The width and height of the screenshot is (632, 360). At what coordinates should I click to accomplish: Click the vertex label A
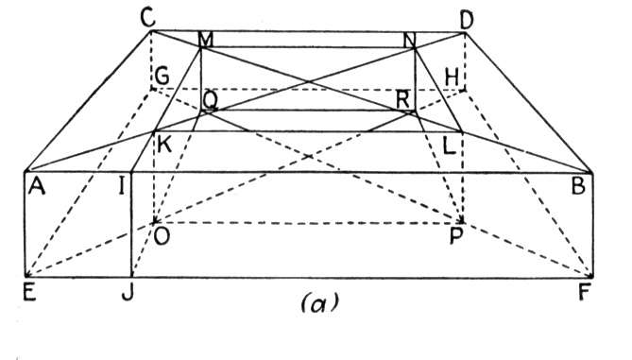pos(37,187)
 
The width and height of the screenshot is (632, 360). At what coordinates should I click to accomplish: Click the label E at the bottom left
pos(30,292)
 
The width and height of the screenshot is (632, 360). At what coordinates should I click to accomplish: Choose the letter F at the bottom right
pos(584,292)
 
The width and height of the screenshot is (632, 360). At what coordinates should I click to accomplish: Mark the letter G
pos(162,77)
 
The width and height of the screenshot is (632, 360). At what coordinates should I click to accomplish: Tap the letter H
pos(452,77)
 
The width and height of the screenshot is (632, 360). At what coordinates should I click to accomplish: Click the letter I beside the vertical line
pos(121,187)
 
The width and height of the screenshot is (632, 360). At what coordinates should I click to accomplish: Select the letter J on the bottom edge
pos(128,292)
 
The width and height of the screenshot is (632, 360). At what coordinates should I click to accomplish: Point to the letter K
pos(164,145)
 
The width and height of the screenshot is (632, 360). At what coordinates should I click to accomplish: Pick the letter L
pos(449,146)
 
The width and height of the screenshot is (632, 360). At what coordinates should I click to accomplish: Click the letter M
pos(205,40)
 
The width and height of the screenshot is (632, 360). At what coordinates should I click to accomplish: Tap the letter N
pos(410,40)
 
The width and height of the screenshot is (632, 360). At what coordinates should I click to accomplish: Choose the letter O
pos(162,236)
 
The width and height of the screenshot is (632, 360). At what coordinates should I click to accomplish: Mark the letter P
pos(456,236)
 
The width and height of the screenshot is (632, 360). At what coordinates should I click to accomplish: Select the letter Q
pos(211,101)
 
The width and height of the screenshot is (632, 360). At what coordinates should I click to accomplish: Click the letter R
pos(402,100)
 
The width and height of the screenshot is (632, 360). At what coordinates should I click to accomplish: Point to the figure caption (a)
pos(319,302)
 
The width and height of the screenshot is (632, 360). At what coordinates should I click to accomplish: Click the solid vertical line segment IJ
pos(131,225)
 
